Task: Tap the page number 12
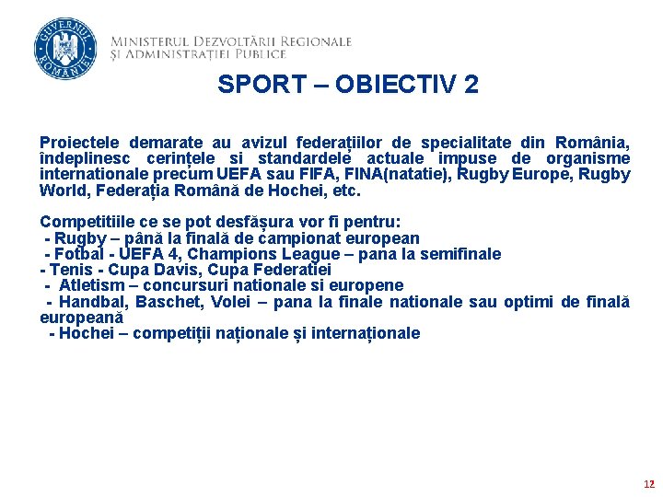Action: point(649,483)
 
